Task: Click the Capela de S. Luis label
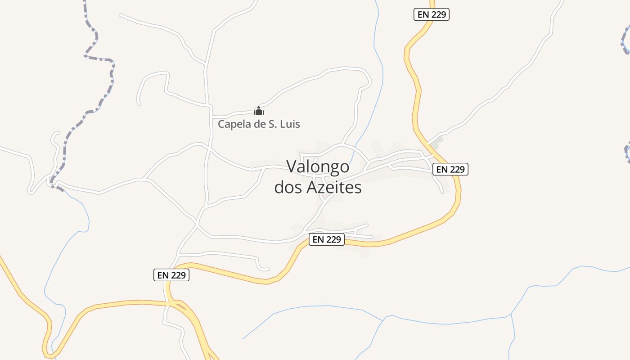click(x=259, y=124)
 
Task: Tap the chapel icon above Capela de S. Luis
click(x=259, y=110)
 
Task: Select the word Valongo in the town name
click(x=318, y=167)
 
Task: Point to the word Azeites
click(x=334, y=188)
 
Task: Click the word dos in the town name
click(x=288, y=188)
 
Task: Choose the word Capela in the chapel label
click(x=234, y=124)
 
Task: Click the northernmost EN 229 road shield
click(x=432, y=14)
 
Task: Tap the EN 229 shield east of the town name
click(x=450, y=169)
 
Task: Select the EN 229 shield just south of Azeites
click(x=327, y=239)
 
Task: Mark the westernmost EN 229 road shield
click(x=171, y=275)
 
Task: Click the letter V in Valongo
click(x=292, y=167)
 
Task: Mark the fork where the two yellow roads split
click(x=176, y=303)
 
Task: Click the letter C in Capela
click(x=221, y=124)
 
